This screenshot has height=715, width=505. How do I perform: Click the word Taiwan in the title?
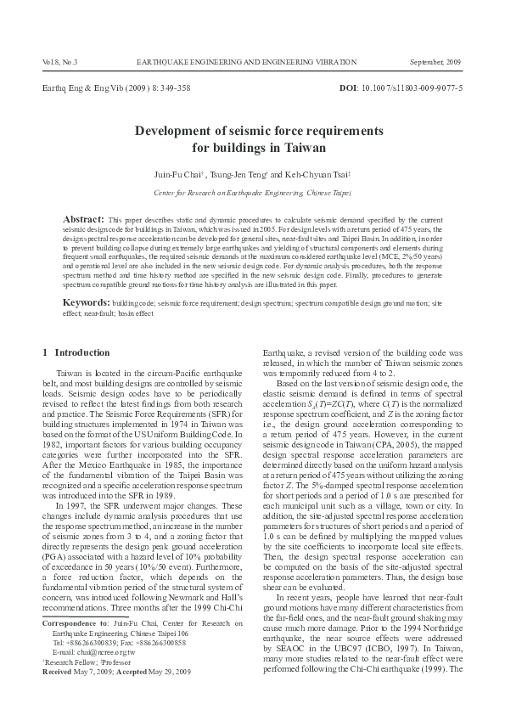click(279, 147)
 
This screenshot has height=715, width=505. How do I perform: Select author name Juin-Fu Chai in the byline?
click(174, 173)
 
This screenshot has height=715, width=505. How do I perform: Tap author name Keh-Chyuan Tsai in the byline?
click(317, 173)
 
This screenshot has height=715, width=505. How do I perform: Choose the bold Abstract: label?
click(83, 218)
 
